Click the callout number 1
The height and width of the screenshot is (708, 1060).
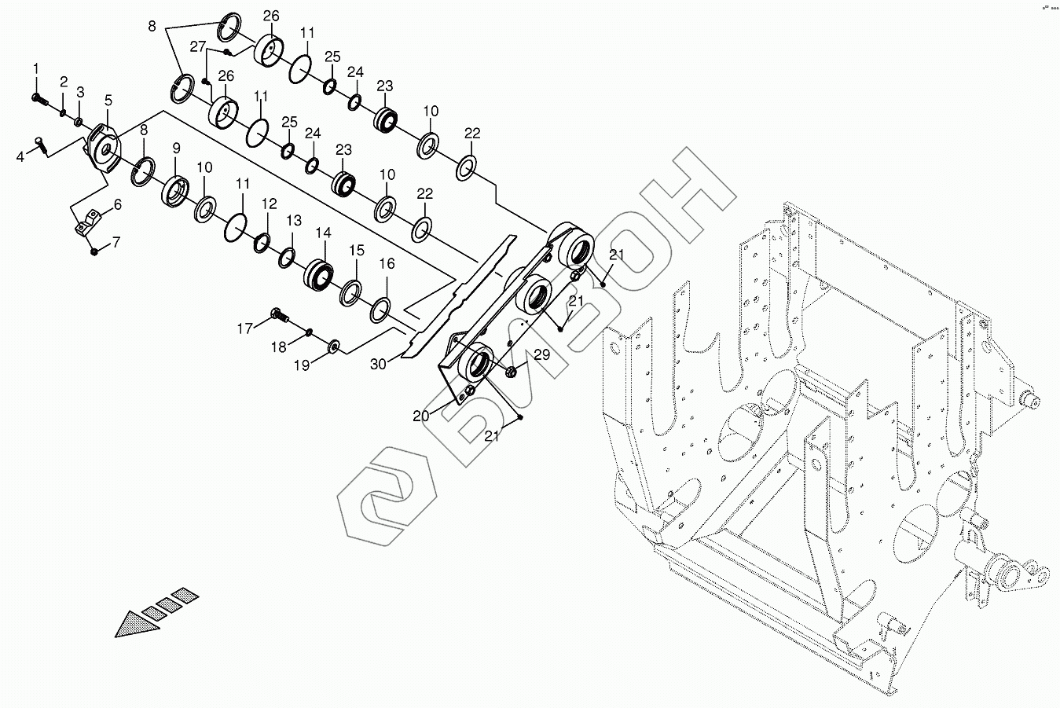pos(35,71)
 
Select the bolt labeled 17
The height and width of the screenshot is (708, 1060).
pos(277,315)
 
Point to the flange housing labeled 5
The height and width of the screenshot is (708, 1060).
pos(104,147)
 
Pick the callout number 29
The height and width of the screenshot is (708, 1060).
pos(541,354)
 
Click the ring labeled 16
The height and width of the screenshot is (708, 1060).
pos(380,308)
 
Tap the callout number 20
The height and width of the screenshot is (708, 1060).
pos(421,415)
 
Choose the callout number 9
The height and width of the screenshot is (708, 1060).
pos(176,148)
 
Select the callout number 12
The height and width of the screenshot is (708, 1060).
pos(270,204)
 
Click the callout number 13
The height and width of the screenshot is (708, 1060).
pos(294,220)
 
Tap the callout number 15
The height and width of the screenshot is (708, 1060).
pos(357,250)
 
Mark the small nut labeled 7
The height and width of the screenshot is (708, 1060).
pos(94,251)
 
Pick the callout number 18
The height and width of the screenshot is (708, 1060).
pos(279,347)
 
